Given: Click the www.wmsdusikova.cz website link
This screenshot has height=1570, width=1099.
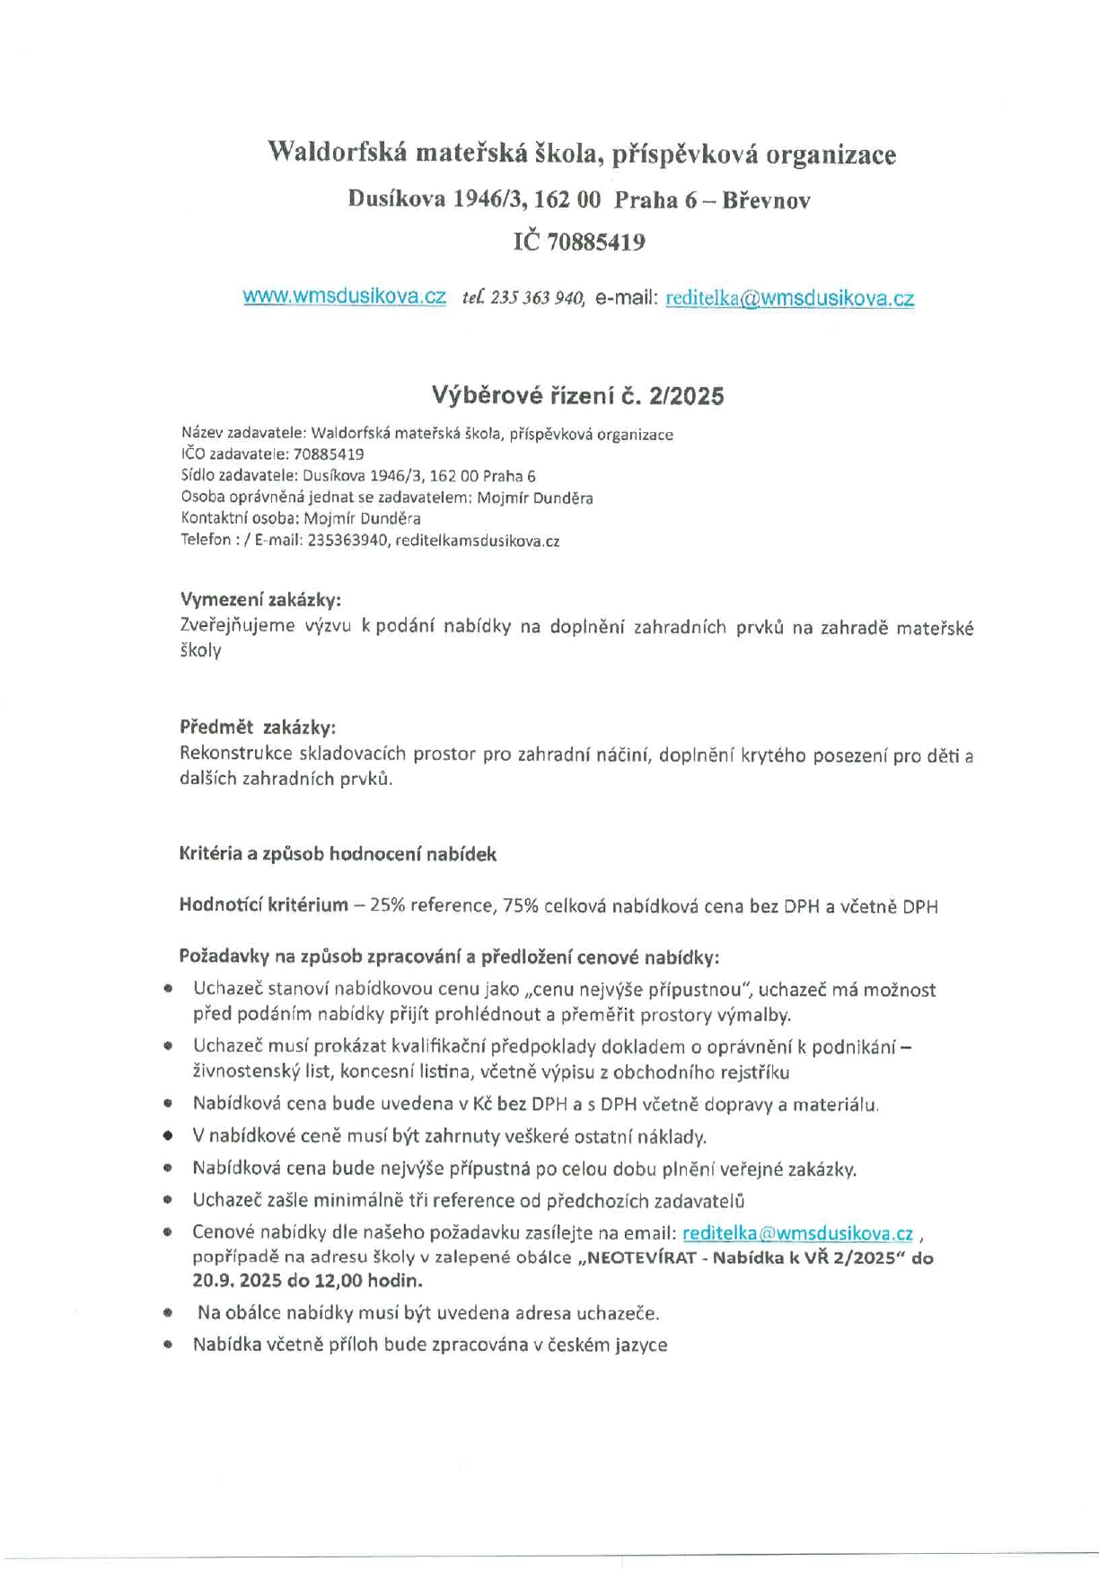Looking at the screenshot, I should point(344,297).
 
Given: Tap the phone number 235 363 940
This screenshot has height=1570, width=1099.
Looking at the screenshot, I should point(537,298).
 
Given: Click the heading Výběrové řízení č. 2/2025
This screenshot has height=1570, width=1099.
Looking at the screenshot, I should point(577,395).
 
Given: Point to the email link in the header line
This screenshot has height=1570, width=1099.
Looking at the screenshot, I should point(789,299).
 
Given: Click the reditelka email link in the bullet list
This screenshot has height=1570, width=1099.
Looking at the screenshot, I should point(797,1233).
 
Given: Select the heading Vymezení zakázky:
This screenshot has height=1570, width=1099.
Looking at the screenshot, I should point(260,599).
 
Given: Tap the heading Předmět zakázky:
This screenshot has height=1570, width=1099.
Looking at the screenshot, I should point(258,727).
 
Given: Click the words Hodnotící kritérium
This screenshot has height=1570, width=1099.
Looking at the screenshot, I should point(263,905).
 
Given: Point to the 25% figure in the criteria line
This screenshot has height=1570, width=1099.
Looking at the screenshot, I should point(387,906).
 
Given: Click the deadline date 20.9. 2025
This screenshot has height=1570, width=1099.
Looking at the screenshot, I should point(230,1280).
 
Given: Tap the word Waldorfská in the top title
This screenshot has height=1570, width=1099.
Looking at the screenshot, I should point(336,154).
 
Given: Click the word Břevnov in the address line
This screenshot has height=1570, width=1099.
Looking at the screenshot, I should point(766,200).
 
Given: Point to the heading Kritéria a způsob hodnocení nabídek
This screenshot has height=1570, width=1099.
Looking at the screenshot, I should point(338,854).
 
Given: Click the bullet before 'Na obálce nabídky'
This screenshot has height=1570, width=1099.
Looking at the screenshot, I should point(168,1313).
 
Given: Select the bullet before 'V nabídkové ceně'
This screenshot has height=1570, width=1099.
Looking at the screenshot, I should point(168,1137).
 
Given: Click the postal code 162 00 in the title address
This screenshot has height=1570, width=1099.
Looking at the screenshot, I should point(567,200).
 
